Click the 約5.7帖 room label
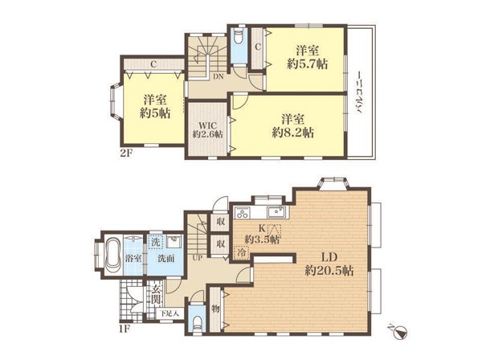pos(308,64)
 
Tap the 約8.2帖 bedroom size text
pos(293,133)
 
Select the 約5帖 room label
pos(155,113)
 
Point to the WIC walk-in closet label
pos(207,125)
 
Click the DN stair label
pos(219,77)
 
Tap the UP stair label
pos(198,258)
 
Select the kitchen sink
pos(276,212)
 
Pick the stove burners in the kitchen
pos(243,213)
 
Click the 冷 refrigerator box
pos(243,252)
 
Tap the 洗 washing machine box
pos(156,242)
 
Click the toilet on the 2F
pos(239,38)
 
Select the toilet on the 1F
pos(197,324)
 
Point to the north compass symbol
pos(399,333)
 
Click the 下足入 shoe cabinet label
pos(170,314)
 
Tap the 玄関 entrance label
pos(156,294)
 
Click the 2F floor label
pos(125,153)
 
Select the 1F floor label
pos(125,329)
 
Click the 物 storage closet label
pos(215,309)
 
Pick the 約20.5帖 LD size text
pos(329,271)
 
